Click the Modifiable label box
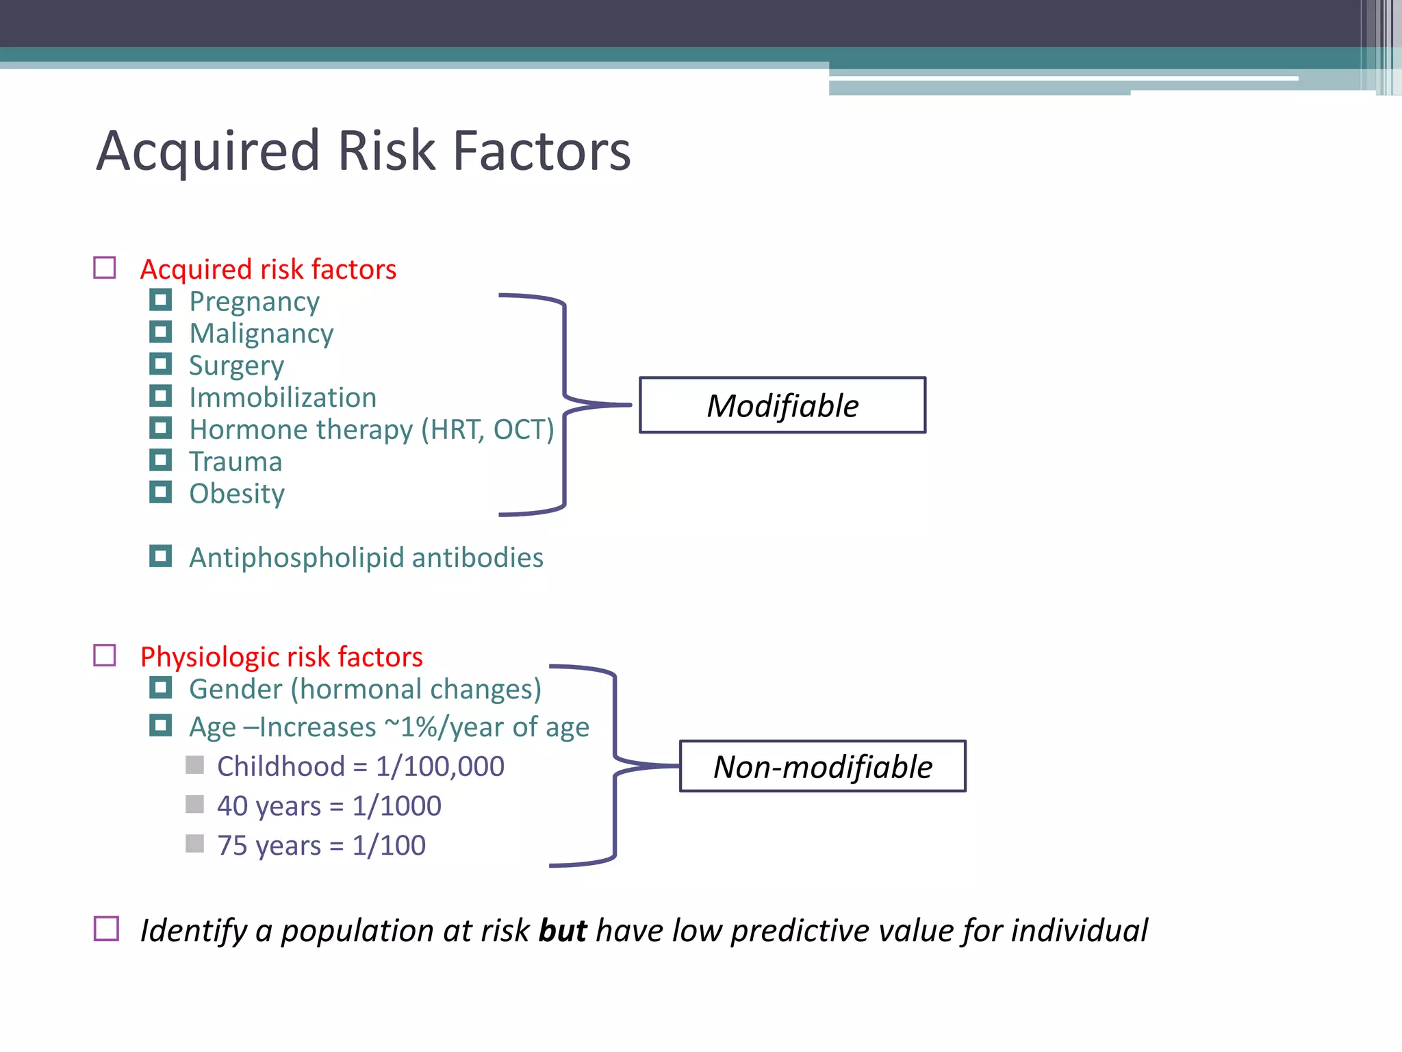tap(782, 405)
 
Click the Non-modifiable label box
tap(822, 766)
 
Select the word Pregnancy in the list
tap(254, 302)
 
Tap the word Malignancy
tap(262, 334)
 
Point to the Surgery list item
tap(236, 366)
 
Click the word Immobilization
tap(283, 398)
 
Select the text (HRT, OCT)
tap(487, 430)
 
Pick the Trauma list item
tap(235, 462)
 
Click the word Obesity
tap(237, 494)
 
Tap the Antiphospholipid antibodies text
tap(366, 558)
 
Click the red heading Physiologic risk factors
tap(281, 657)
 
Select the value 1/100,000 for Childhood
tap(440, 766)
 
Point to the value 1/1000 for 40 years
tap(396, 806)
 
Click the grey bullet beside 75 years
tap(195, 843)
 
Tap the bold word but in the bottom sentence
tap(562, 931)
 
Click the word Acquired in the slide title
tap(208, 151)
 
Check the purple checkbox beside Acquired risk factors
tap(105, 268)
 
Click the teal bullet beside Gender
tap(161, 687)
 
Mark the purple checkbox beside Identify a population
tap(106, 929)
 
